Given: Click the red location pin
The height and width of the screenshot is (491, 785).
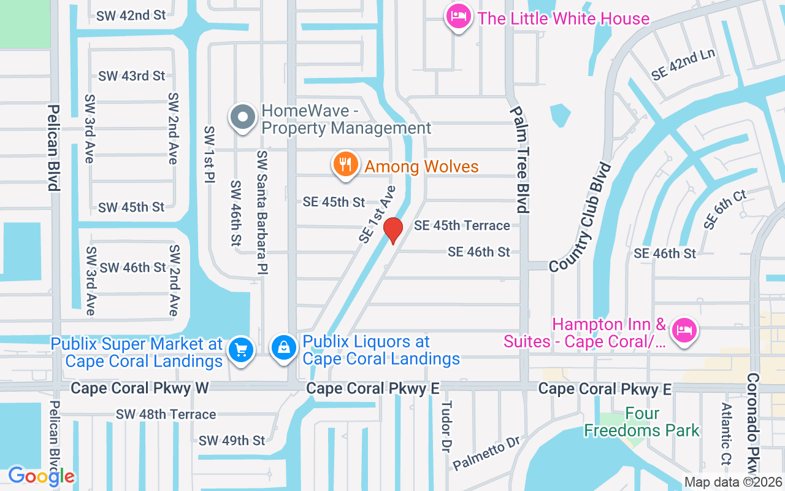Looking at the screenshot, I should (x=392, y=230).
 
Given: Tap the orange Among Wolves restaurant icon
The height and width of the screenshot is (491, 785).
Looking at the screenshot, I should (x=346, y=164).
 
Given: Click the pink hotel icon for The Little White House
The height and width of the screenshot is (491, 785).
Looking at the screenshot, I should (x=458, y=17).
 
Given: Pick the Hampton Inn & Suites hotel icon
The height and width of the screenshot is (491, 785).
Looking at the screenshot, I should (x=684, y=331).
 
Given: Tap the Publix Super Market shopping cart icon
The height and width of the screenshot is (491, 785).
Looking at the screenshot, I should (x=241, y=350).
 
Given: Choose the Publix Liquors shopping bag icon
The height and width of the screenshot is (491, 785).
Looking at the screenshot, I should (x=285, y=348).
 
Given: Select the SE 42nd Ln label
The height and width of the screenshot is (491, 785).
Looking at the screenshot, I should (x=683, y=64).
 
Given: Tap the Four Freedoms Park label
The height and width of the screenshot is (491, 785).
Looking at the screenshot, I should (x=641, y=422).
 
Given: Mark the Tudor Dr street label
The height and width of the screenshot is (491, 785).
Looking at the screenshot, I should (x=446, y=427).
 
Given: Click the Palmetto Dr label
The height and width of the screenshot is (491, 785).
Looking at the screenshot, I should (x=486, y=454).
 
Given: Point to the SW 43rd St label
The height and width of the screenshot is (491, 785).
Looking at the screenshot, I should (x=132, y=76).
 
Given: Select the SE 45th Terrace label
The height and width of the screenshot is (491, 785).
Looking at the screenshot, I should (x=462, y=226).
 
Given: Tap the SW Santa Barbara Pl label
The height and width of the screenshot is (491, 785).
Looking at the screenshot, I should (x=262, y=212).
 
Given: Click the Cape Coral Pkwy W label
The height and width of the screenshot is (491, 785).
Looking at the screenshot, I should (x=140, y=388).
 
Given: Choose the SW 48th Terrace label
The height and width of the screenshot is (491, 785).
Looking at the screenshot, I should (x=166, y=415).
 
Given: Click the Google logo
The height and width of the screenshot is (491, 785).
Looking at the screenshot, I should (x=41, y=476).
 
